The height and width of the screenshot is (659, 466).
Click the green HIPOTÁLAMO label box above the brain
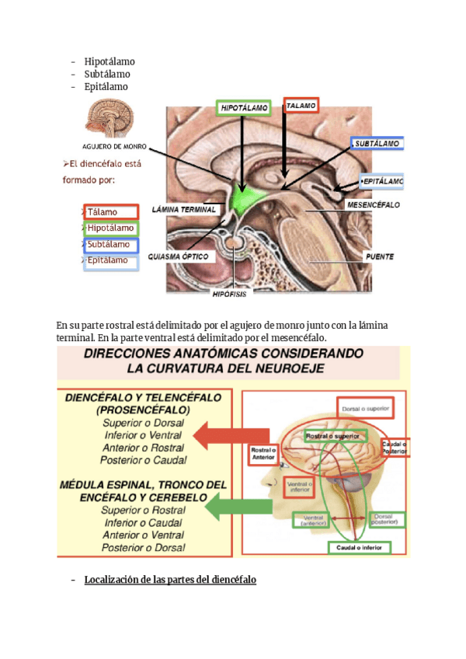(x=244, y=108)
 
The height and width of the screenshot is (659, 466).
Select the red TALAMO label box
(x=301, y=104)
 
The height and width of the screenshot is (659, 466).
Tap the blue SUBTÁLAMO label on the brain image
(x=378, y=144)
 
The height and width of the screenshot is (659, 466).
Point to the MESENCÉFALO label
(x=373, y=205)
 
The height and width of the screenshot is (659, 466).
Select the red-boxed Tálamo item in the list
(x=111, y=211)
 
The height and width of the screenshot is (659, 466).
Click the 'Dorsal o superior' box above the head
(x=366, y=406)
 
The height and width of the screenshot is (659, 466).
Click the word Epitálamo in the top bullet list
(x=106, y=86)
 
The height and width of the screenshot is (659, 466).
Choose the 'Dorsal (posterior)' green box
(x=385, y=519)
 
